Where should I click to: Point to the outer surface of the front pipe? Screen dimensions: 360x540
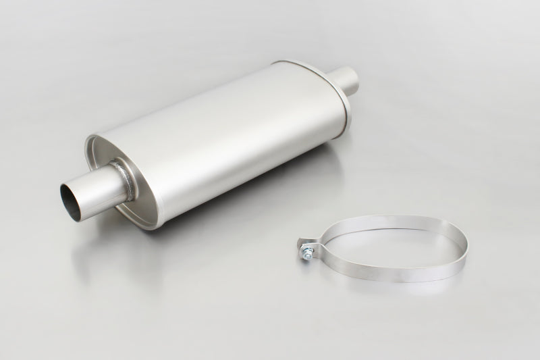(x=101, y=191)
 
